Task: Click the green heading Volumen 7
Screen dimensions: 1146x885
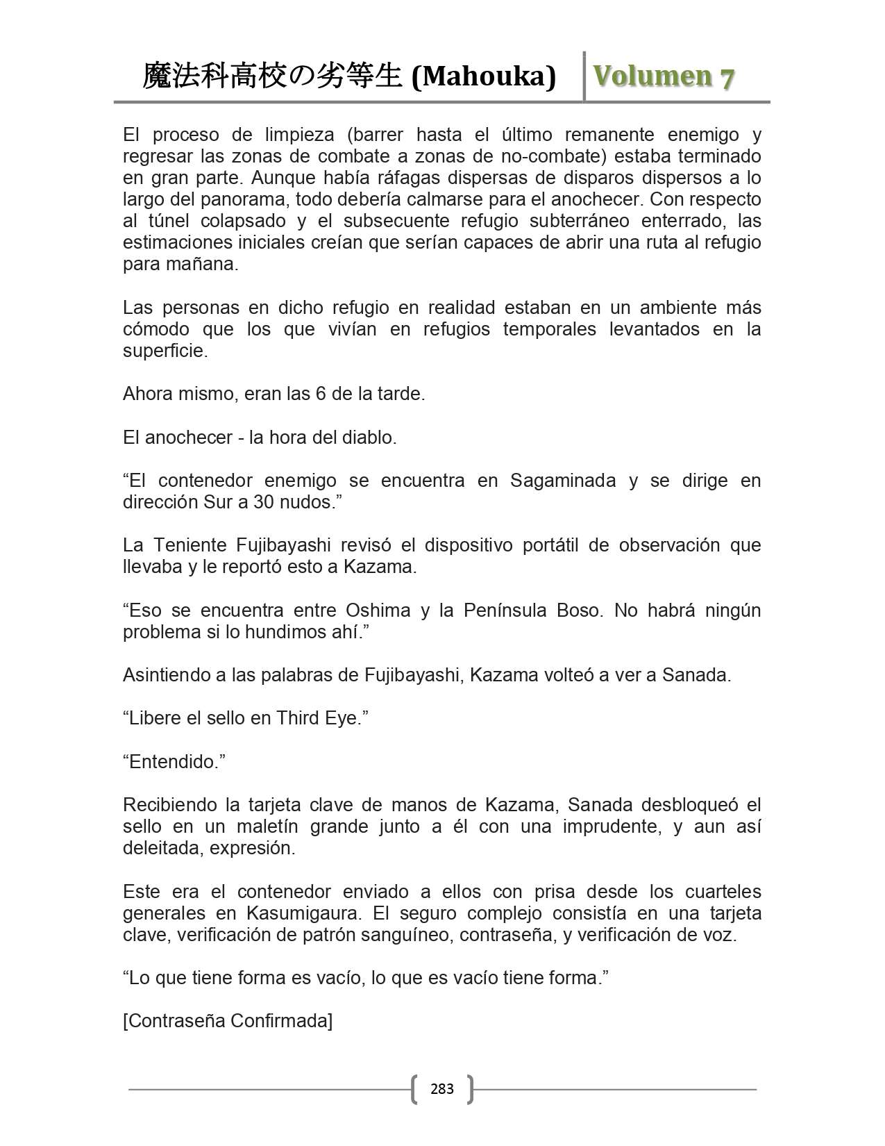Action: (663, 76)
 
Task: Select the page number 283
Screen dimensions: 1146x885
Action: (442, 1088)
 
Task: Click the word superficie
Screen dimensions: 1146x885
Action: (165, 351)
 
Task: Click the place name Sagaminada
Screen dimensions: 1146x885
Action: (562, 481)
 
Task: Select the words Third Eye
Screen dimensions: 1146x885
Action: (319, 718)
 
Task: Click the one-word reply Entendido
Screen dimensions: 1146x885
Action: (174, 762)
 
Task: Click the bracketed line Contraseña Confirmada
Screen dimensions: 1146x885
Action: (228, 1021)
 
